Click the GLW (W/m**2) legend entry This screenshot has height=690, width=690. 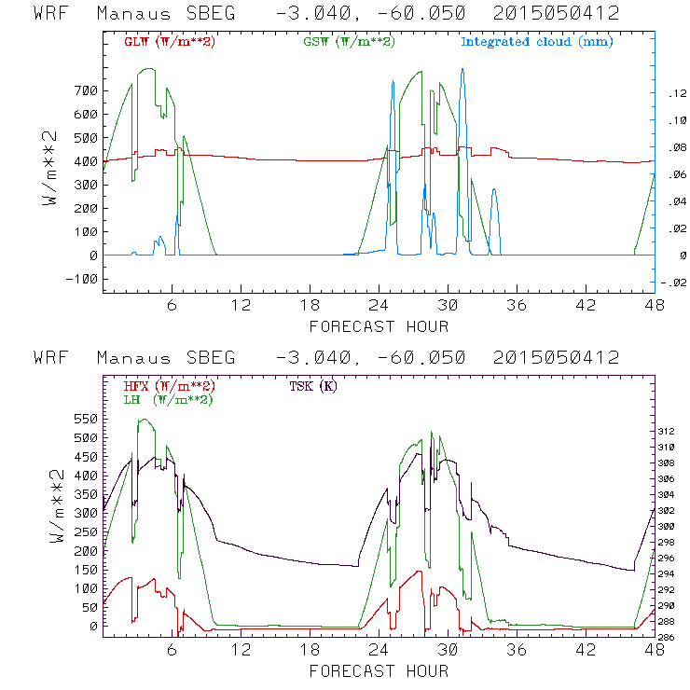point(170,42)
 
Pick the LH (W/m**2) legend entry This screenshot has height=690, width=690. point(168,399)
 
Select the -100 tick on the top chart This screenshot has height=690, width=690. point(83,279)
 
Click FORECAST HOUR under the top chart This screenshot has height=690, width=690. point(379,326)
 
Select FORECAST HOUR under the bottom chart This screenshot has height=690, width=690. point(379,670)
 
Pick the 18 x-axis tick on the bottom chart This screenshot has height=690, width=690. point(310,648)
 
